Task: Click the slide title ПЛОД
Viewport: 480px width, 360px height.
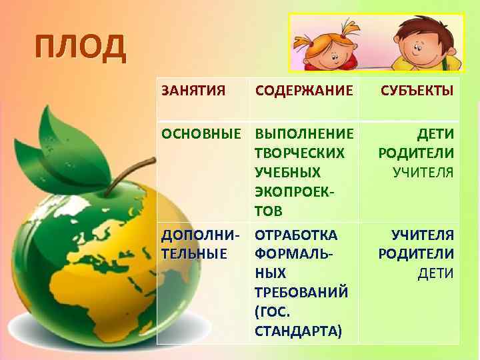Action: coord(80,47)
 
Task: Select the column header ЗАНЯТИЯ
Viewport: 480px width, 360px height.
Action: coord(193,89)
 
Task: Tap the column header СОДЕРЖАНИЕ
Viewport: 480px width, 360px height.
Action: coord(303,89)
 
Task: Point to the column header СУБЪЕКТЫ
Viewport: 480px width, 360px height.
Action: coord(417,89)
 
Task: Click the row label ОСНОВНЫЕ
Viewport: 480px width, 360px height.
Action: coord(202,134)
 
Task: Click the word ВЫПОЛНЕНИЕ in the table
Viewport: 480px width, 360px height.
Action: coord(303,134)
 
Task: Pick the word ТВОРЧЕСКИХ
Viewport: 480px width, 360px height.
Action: coord(299,153)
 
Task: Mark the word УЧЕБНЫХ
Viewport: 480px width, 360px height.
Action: coord(287,173)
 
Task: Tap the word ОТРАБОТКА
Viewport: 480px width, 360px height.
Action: coord(296,235)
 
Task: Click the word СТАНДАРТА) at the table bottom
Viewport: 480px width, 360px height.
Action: coord(297,331)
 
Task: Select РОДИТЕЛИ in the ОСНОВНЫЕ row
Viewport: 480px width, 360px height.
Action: coord(416,153)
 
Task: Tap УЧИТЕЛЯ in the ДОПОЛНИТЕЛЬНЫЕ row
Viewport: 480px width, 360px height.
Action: coord(423,235)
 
